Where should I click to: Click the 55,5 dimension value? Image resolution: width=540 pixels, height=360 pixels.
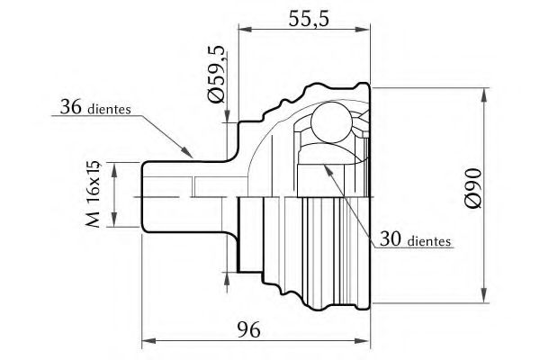tap(309, 19)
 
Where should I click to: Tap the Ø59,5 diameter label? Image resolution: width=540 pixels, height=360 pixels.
tap(216, 74)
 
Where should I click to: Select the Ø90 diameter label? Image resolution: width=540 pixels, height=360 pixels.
tap(472, 188)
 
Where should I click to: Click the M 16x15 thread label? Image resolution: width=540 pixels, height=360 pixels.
tap(93, 194)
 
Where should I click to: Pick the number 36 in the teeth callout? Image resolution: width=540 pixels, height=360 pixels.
tap(71, 107)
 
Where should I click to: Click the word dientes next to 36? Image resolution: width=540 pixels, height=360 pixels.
tap(110, 109)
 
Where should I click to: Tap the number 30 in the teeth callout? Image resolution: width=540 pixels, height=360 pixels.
tap(391, 238)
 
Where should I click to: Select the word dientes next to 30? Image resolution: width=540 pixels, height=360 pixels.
tap(429, 241)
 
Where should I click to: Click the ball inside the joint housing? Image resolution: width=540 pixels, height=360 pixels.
tap(332, 122)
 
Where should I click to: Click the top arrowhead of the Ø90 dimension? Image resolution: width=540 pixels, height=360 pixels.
tap(484, 95)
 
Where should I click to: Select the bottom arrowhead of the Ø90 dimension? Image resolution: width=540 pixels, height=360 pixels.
tap(484, 295)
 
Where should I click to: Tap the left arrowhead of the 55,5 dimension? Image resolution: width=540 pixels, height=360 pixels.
tap(246, 30)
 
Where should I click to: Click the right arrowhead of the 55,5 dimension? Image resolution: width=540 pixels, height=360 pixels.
tap(363, 30)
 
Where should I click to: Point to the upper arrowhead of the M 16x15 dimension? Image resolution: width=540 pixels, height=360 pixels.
tap(114, 169)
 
